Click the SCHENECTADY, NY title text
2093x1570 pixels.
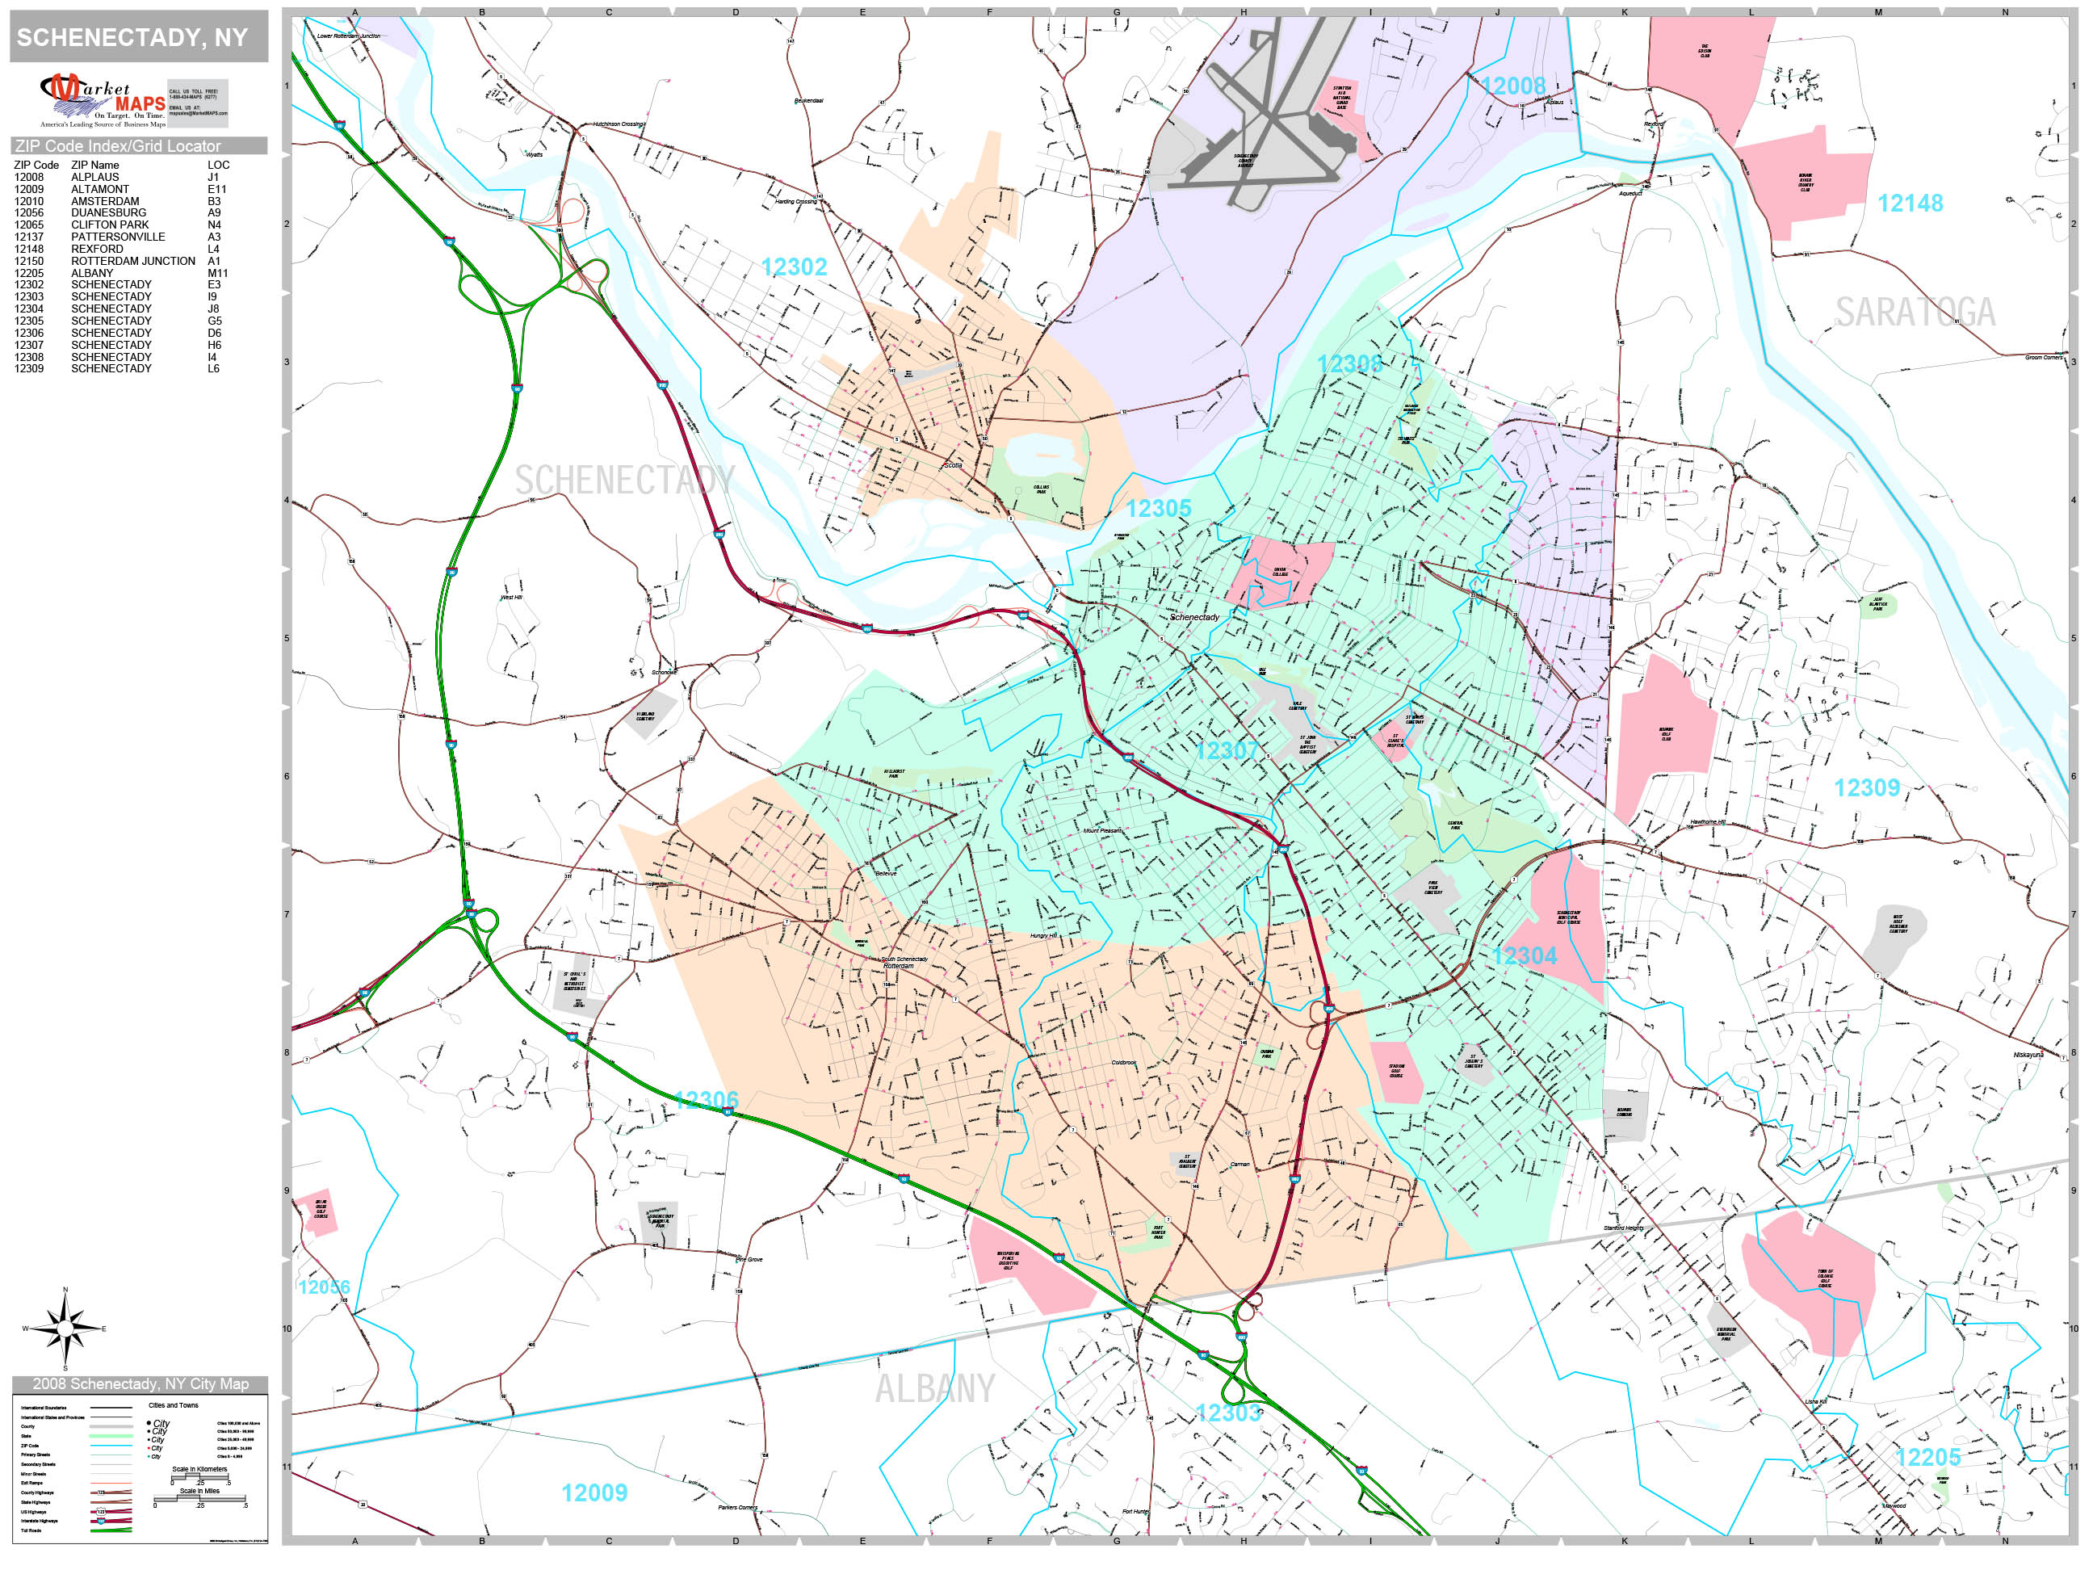coord(132,38)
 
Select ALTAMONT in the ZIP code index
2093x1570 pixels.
coord(99,189)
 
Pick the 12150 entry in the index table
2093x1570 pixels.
coord(28,261)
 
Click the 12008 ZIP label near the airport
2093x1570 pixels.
coord(1512,86)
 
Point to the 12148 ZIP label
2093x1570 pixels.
coord(1910,204)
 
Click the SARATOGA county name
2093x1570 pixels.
coord(1915,313)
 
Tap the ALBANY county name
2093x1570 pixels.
coord(935,1389)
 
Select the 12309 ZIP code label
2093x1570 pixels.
coord(1866,788)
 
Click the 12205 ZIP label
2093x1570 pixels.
coord(1927,1459)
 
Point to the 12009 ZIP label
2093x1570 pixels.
coord(594,1493)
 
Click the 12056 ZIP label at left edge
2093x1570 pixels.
coord(324,1287)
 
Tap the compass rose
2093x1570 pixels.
coord(65,1329)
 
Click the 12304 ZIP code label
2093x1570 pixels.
coord(1524,957)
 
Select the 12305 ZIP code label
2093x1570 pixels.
coord(1157,509)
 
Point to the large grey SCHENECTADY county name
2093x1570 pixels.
coord(624,481)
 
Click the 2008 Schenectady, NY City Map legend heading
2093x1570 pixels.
coord(140,1384)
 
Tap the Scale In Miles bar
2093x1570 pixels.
coord(199,1499)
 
